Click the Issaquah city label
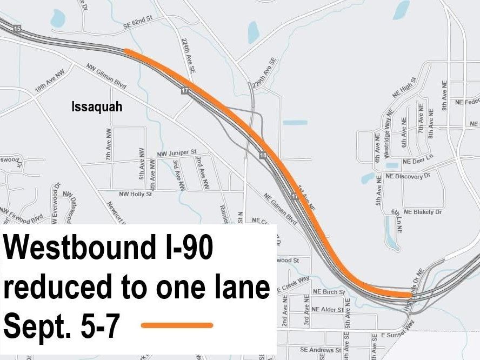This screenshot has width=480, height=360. tap(97, 107)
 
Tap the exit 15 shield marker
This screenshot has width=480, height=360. tap(17, 28)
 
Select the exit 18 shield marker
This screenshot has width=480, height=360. tap(263, 155)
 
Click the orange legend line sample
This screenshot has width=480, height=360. tap(177, 325)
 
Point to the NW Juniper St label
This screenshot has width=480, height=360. tap(176, 154)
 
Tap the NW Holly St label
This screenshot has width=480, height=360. tap(136, 194)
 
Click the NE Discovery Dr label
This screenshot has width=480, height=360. tap(408, 177)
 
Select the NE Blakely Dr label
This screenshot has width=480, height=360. tap(423, 212)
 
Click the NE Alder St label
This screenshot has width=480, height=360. tap(327, 310)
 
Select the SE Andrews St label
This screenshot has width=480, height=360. tap(321, 350)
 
